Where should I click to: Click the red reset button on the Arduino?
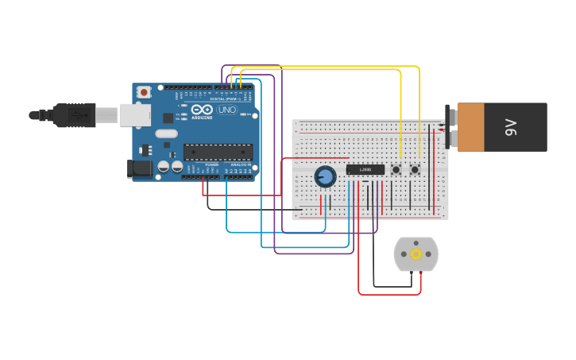click(144, 92)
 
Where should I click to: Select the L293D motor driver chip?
click(365, 169)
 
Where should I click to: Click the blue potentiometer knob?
click(325, 176)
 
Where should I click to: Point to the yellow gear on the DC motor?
click(416, 254)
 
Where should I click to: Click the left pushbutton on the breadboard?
click(396, 169)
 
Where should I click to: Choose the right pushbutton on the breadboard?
click(415, 169)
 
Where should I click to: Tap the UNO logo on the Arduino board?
click(227, 110)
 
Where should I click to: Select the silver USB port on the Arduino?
click(134, 115)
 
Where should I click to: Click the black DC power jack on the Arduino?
click(140, 168)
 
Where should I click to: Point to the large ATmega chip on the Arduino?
click(218, 152)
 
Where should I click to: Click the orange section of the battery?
click(470, 126)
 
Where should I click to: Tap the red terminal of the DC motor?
click(420, 273)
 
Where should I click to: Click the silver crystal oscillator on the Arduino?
click(166, 134)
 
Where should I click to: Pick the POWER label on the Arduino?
click(212, 165)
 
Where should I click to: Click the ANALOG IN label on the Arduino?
click(241, 165)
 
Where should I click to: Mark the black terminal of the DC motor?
click(411, 273)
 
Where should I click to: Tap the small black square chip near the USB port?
click(168, 118)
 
